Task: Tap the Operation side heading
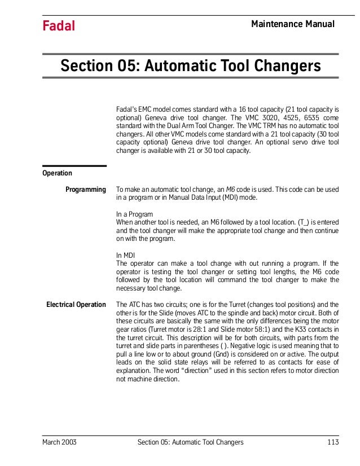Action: click(57, 173)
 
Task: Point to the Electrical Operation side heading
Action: click(76, 305)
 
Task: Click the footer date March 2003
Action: click(59, 442)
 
